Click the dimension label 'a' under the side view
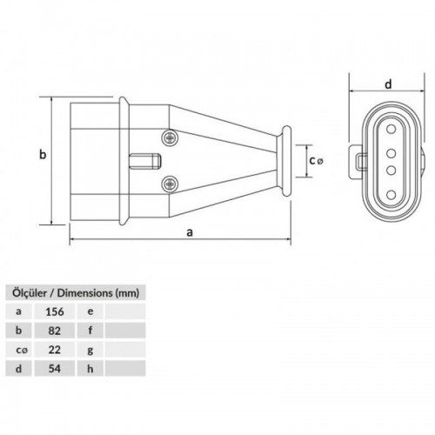[x=190, y=232]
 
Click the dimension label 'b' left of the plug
[x=43, y=155]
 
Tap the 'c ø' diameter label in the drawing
[x=316, y=160]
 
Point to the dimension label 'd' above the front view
[x=388, y=84]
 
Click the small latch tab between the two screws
[x=144, y=161]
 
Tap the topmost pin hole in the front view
[x=391, y=129]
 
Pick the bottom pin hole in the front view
[x=391, y=195]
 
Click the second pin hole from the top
[x=391, y=153]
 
